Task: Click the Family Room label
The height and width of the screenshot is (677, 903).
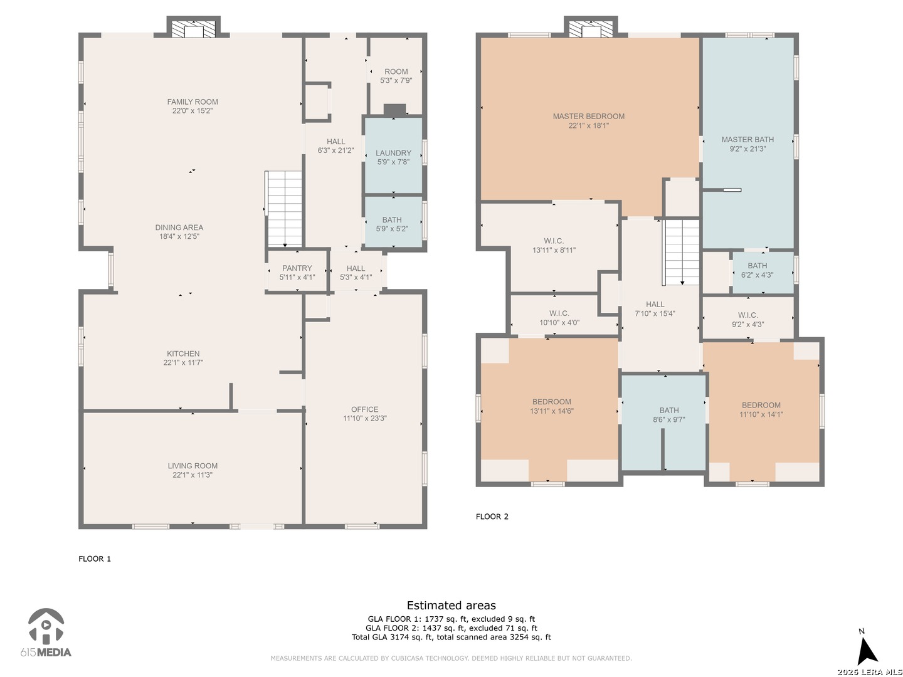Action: (x=192, y=102)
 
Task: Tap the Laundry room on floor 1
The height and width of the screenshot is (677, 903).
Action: (x=393, y=155)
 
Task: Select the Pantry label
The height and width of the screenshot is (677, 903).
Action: (x=297, y=268)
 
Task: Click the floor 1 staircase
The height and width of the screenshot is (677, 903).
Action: (x=284, y=209)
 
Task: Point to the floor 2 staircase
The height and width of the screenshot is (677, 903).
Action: (x=681, y=252)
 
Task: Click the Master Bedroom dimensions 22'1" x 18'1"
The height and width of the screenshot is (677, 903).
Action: (x=588, y=126)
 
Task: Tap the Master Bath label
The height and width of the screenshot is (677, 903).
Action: (x=747, y=140)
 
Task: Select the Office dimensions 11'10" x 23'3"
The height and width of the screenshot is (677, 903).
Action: (x=364, y=419)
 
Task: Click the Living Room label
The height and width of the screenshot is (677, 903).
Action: (x=193, y=466)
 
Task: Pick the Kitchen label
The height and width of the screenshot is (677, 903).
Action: (x=183, y=354)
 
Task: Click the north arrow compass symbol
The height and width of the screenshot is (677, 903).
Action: (x=869, y=648)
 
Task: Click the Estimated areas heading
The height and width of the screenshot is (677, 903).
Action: (x=451, y=605)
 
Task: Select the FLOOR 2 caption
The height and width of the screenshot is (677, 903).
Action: (x=492, y=517)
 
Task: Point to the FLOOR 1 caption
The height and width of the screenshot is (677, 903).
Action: (x=95, y=559)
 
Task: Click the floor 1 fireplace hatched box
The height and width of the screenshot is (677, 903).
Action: (x=193, y=29)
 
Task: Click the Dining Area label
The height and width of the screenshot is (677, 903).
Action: (x=179, y=228)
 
